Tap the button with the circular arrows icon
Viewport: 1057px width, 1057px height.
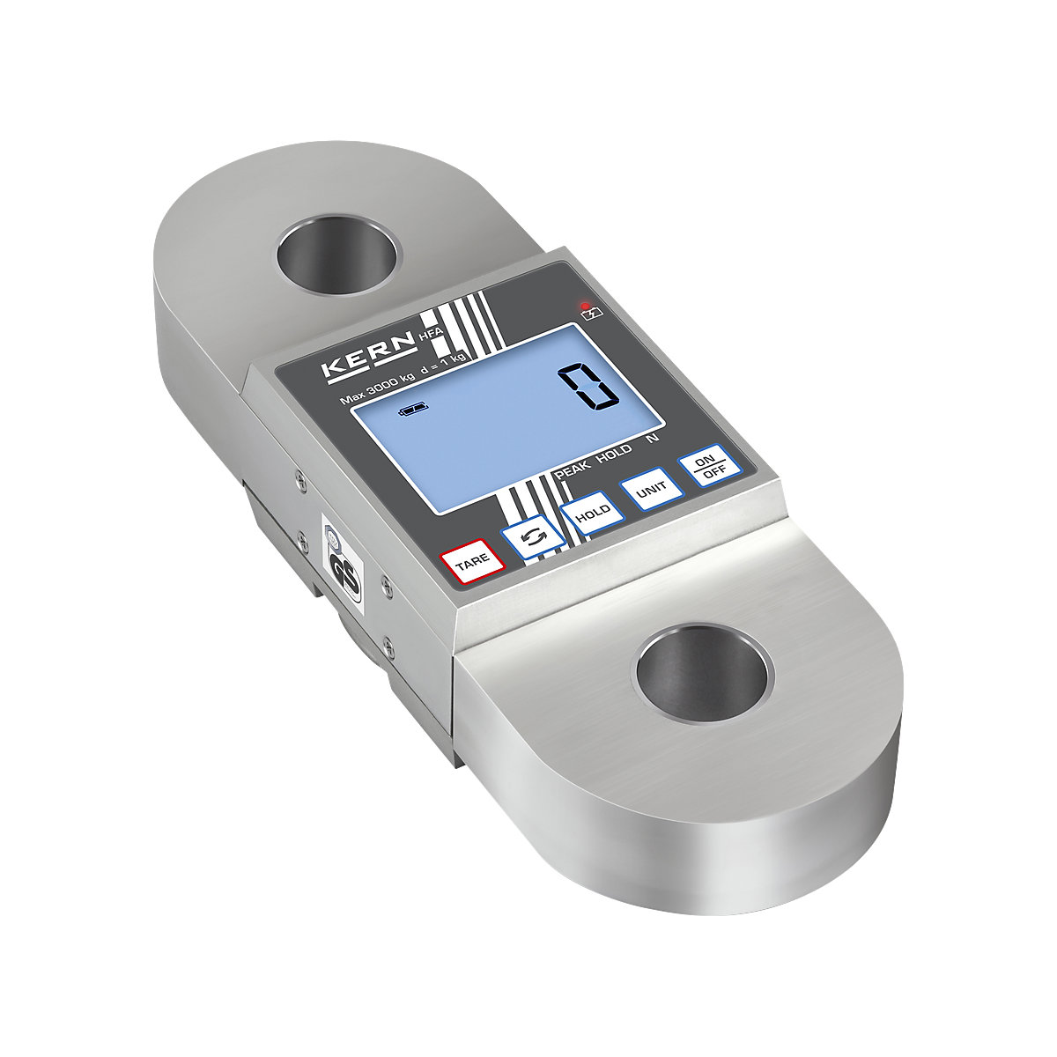click(x=531, y=537)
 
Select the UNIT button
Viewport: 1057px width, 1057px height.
click(x=652, y=492)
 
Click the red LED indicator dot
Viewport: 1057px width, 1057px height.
click(x=585, y=306)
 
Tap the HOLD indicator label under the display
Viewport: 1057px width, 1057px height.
click(x=614, y=456)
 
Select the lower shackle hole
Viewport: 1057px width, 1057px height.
click(x=701, y=673)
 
